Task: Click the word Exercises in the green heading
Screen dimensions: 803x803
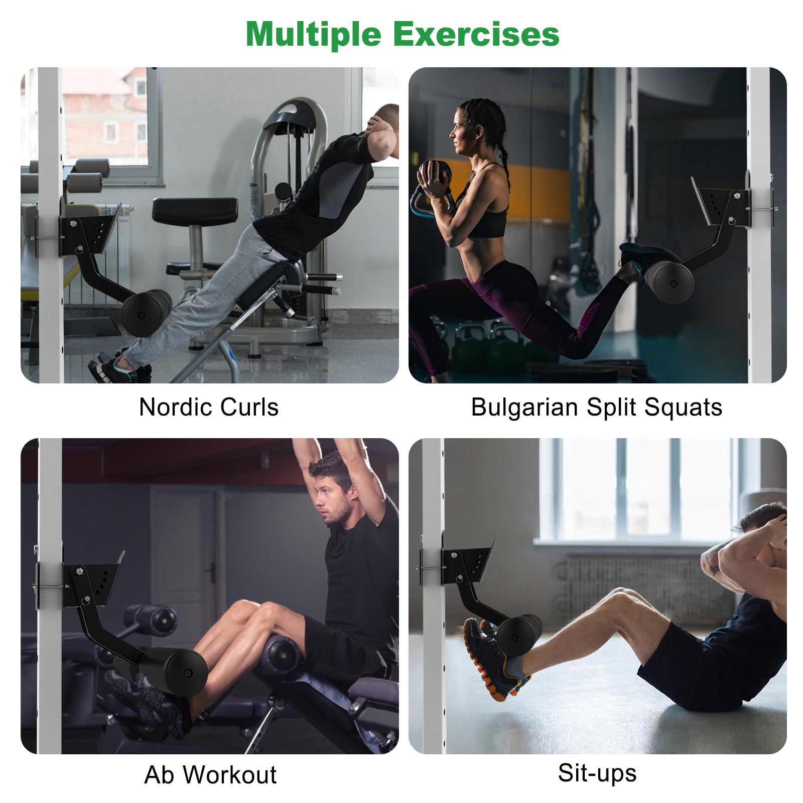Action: pos(476,34)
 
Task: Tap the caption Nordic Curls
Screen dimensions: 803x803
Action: pos(209,407)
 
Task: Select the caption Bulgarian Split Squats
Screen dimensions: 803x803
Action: pos(597,407)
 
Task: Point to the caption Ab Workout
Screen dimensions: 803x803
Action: pos(210,775)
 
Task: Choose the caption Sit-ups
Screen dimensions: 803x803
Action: pos(597,773)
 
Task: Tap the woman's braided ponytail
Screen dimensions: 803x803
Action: pos(501,146)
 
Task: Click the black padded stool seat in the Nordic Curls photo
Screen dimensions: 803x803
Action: pos(195,211)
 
